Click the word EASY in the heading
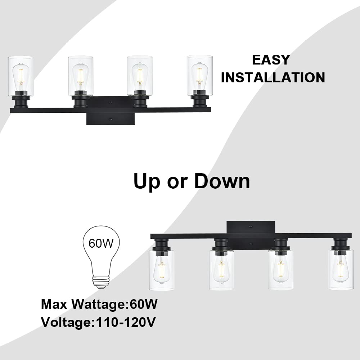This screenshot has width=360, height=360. (271, 60)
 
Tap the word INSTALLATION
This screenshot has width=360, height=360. (273, 77)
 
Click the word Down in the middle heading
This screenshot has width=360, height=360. (222, 181)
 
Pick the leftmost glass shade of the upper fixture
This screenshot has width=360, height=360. (21, 76)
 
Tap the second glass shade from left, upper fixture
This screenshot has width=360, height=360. (81, 76)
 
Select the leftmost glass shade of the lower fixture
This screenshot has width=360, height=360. (161, 270)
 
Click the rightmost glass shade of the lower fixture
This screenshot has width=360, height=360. (340, 270)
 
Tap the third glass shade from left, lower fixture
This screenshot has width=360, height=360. (280, 270)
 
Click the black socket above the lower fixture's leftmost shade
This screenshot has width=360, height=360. (160, 244)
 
